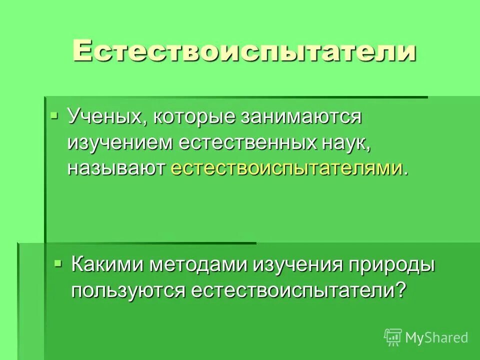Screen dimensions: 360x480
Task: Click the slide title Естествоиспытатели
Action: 244,51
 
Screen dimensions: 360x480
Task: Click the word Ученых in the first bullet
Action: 105,118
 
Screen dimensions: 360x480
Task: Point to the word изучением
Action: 119,143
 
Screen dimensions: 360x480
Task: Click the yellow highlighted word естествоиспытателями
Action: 286,168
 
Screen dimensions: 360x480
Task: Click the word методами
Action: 198,265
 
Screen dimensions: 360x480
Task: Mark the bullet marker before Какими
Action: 58,262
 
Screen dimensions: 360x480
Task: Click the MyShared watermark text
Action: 436,337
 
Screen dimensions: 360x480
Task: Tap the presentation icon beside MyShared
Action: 393,337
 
